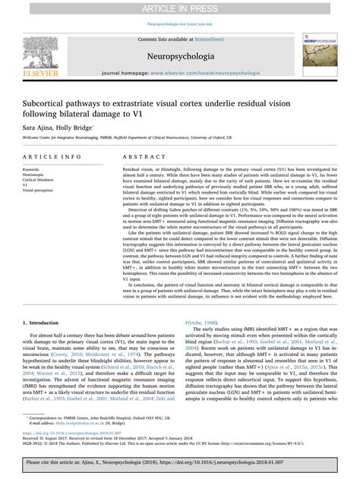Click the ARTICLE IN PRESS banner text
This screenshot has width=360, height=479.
click(x=179, y=7)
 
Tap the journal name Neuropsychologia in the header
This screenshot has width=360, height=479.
click(x=179, y=55)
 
